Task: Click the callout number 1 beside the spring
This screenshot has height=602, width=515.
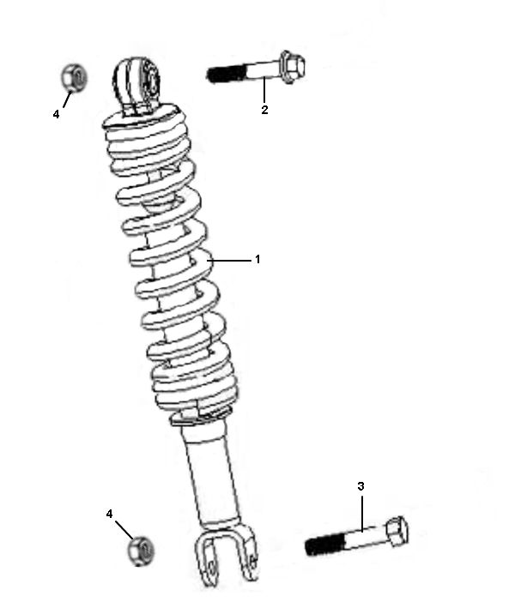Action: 257,259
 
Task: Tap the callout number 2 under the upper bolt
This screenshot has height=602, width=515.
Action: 264,110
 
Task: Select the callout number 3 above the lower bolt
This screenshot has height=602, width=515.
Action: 361,486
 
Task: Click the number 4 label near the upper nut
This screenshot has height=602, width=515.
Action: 57,114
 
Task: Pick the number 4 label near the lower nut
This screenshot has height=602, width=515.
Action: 109,513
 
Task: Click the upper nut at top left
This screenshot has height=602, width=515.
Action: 73,78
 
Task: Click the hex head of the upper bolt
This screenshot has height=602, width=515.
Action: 292,67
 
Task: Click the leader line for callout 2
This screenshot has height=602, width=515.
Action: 264,90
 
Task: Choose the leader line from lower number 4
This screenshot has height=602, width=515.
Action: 122,528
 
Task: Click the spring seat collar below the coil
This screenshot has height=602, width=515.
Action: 203,418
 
